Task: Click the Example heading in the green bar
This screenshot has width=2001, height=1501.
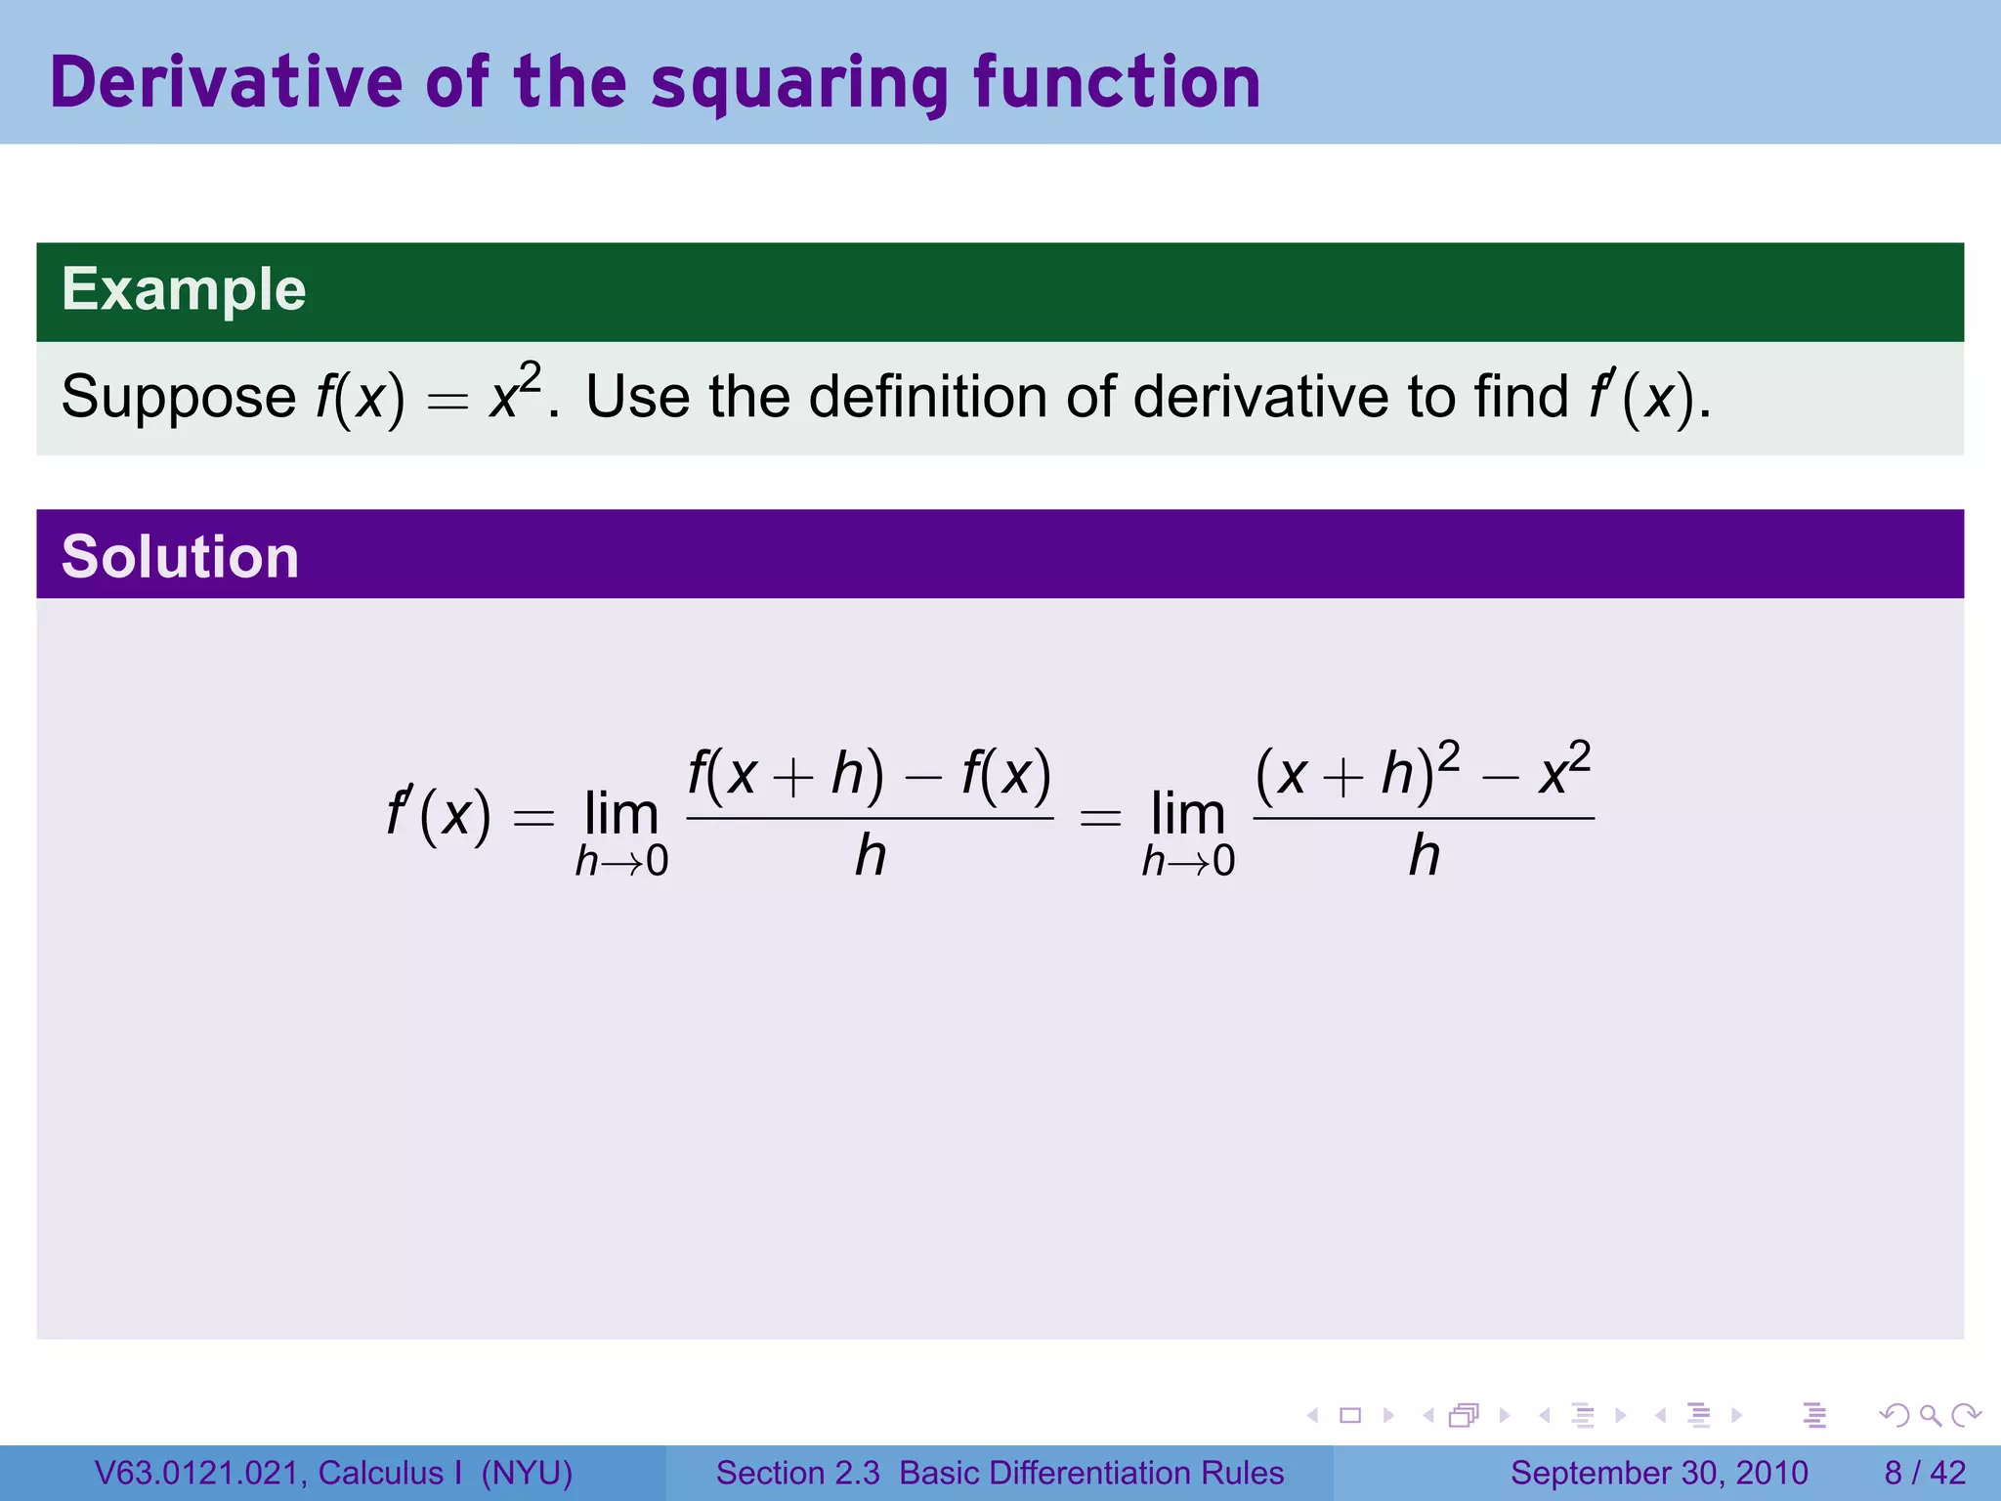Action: click(x=184, y=289)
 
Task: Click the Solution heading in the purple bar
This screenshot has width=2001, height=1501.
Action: click(x=180, y=556)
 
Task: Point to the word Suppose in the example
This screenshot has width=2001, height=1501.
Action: click(x=178, y=398)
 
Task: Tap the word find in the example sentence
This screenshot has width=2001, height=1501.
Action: click(x=1521, y=396)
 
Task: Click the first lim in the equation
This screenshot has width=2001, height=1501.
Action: click(x=621, y=814)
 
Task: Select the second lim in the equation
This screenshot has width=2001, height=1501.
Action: click(x=1188, y=814)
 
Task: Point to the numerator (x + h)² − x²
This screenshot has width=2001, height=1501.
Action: click(x=1423, y=772)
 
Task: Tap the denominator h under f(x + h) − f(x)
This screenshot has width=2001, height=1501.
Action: click(x=871, y=856)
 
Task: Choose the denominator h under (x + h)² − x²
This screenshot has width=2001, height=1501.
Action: click(x=1424, y=856)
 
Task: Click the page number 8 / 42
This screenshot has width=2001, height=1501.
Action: click(x=1925, y=1473)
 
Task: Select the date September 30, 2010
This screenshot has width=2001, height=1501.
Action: click(x=1659, y=1473)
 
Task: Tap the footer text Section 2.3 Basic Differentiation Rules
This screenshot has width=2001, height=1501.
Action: click(x=1000, y=1473)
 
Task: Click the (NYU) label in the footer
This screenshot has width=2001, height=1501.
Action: click(x=527, y=1473)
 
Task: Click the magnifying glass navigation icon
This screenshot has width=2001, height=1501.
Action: click(x=1930, y=1415)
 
